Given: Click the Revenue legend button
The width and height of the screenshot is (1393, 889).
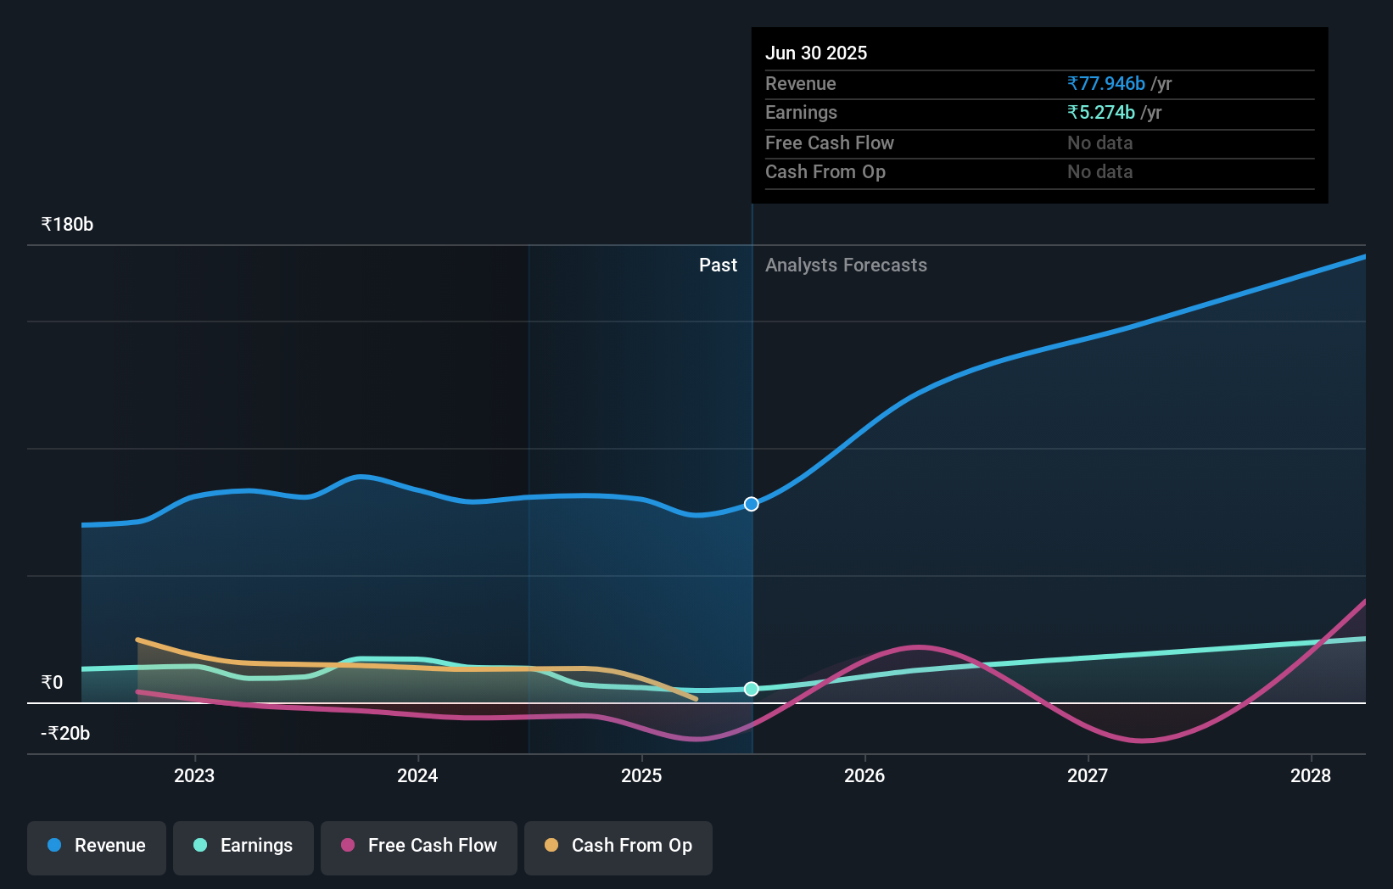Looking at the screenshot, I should (x=97, y=846).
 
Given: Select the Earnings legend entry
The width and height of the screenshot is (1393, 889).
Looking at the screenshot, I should (x=243, y=846).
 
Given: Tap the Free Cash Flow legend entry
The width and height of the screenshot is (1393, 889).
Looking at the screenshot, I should (x=419, y=846).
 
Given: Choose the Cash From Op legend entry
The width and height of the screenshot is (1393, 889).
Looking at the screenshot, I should (x=618, y=846).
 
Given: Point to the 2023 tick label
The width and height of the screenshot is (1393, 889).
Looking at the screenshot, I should (x=194, y=775).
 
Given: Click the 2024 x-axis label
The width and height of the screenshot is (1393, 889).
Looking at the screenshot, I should (x=417, y=775).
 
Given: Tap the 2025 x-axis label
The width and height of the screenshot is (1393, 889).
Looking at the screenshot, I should (x=641, y=775).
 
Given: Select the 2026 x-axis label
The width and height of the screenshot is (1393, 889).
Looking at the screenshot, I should (x=864, y=775).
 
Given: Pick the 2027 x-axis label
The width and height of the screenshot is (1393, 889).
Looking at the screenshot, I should (x=1088, y=775).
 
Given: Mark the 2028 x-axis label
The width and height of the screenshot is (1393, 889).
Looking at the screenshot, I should (x=1311, y=775).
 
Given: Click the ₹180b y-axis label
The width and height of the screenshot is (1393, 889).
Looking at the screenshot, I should (x=67, y=225).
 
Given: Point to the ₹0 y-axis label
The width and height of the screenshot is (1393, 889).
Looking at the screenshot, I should (x=53, y=683).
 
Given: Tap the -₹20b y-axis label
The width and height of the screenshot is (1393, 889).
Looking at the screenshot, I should (x=65, y=734).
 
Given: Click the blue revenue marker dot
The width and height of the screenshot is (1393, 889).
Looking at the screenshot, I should (x=752, y=504).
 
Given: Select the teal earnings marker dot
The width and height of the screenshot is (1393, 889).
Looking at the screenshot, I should (x=752, y=689).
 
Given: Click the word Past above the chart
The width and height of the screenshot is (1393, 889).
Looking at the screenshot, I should (x=718, y=266).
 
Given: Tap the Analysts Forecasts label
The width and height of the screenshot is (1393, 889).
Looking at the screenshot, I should (x=846, y=266).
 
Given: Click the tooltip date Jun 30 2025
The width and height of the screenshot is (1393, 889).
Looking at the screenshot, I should (x=816, y=53).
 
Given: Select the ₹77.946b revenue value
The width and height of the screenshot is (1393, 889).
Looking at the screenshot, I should (x=1106, y=83).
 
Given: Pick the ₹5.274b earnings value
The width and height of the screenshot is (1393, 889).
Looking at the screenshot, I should (x=1101, y=112).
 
